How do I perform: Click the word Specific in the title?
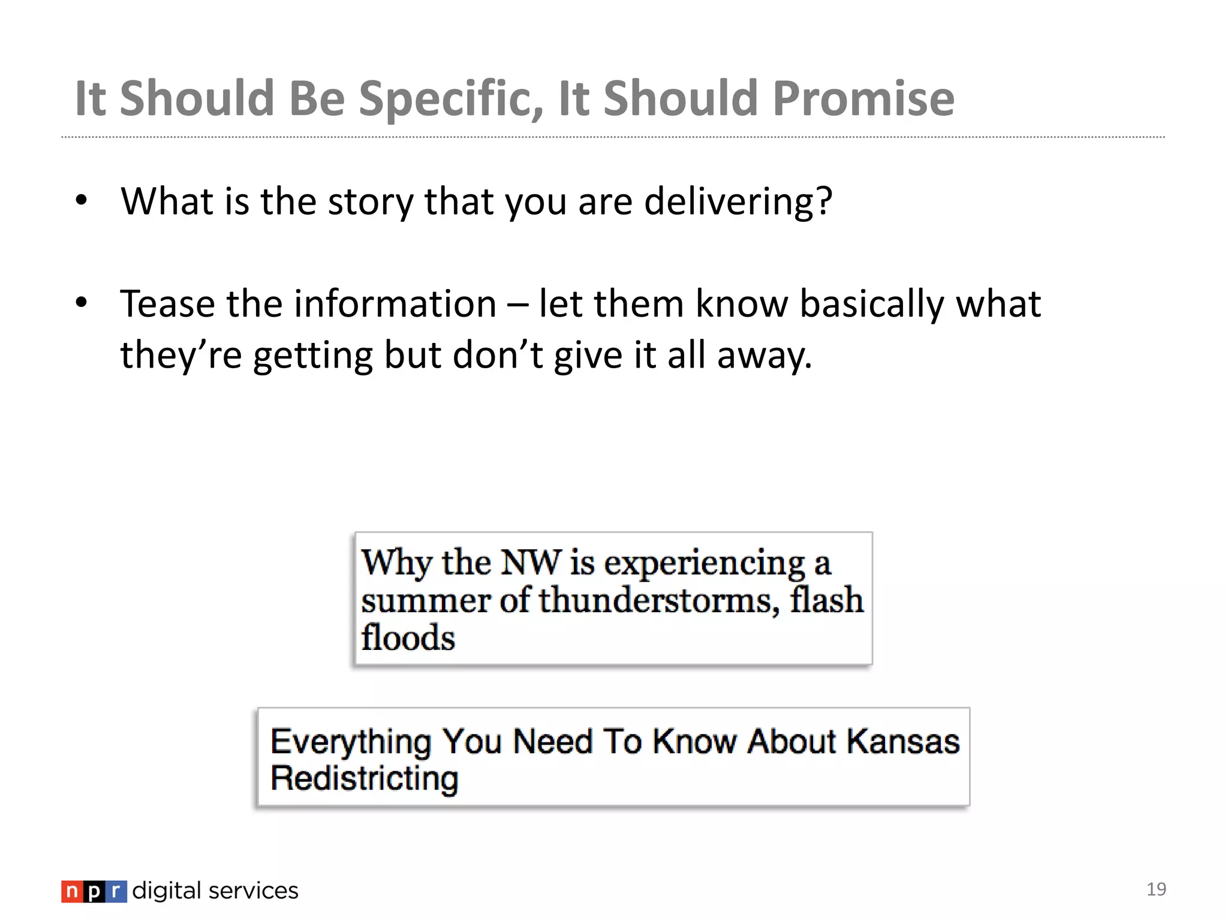click(451, 100)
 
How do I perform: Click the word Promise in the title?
click(863, 98)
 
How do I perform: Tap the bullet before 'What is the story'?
click(82, 200)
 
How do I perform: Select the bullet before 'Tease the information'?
click(82, 303)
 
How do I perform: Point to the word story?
click(371, 203)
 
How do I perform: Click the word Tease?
click(167, 303)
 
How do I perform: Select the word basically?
click(871, 305)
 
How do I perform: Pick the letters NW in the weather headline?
click(531, 562)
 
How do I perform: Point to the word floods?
click(408, 637)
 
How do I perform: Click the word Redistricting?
click(365, 778)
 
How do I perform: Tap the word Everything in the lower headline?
click(351, 742)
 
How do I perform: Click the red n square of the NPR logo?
click(71, 892)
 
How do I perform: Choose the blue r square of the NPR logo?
click(116, 892)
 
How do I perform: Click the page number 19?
click(1156, 889)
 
